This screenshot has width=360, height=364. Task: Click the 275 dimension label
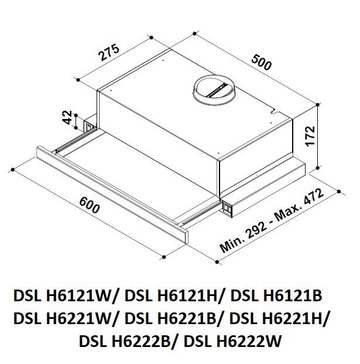[109, 53]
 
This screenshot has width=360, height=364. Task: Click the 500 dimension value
[261, 62]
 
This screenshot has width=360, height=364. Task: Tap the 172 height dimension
[310, 136]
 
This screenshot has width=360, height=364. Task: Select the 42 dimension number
[67, 117]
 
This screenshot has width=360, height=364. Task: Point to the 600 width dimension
[90, 205]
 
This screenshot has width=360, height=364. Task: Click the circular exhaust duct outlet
[214, 89]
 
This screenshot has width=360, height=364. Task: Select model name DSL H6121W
[62, 296]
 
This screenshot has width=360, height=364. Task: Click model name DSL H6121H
[170, 296]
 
